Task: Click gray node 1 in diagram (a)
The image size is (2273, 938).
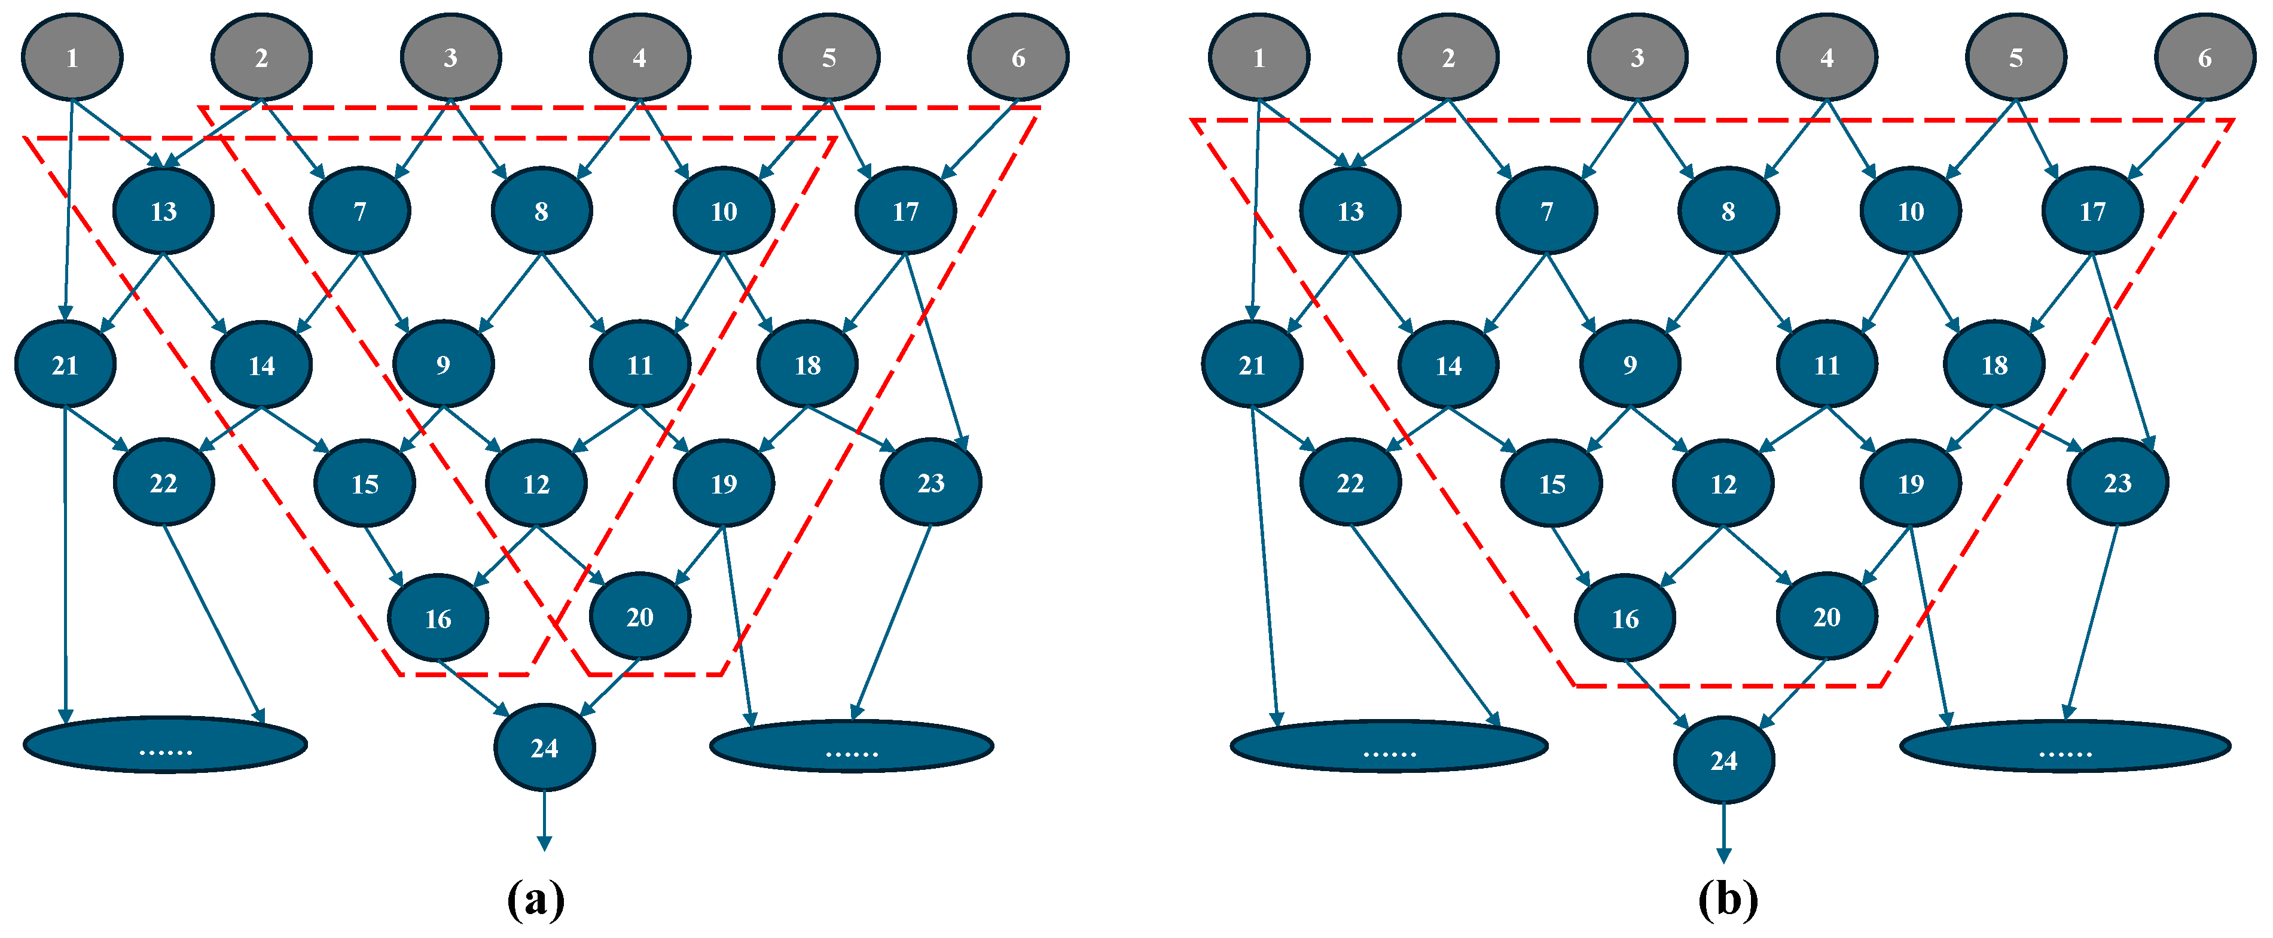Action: [72, 57]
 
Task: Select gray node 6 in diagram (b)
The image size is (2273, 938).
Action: [2204, 57]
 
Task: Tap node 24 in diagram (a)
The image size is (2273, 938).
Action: [544, 747]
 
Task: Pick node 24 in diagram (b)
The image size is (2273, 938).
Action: [1723, 760]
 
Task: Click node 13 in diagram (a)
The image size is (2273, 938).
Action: [163, 211]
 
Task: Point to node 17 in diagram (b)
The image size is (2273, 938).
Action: [2092, 211]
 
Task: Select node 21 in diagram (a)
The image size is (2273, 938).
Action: [65, 364]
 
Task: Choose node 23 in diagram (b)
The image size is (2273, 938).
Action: [2118, 483]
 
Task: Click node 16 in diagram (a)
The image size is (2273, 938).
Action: [438, 618]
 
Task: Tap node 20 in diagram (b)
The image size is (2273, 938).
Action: [1826, 616]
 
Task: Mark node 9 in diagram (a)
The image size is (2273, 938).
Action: [443, 364]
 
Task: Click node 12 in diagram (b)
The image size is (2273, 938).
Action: [1723, 483]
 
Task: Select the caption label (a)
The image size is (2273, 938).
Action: [536, 900]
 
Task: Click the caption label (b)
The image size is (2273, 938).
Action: [1727, 900]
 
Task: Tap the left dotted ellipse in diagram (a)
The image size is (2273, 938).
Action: [165, 745]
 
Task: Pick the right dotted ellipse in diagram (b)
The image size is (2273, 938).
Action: [2065, 747]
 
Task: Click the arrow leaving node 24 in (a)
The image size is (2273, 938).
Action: [544, 821]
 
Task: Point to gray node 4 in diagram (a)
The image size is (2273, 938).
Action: [640, 57]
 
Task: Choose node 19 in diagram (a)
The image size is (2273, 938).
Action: [724, 483]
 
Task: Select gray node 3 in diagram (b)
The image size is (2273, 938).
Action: [1637, 57]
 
